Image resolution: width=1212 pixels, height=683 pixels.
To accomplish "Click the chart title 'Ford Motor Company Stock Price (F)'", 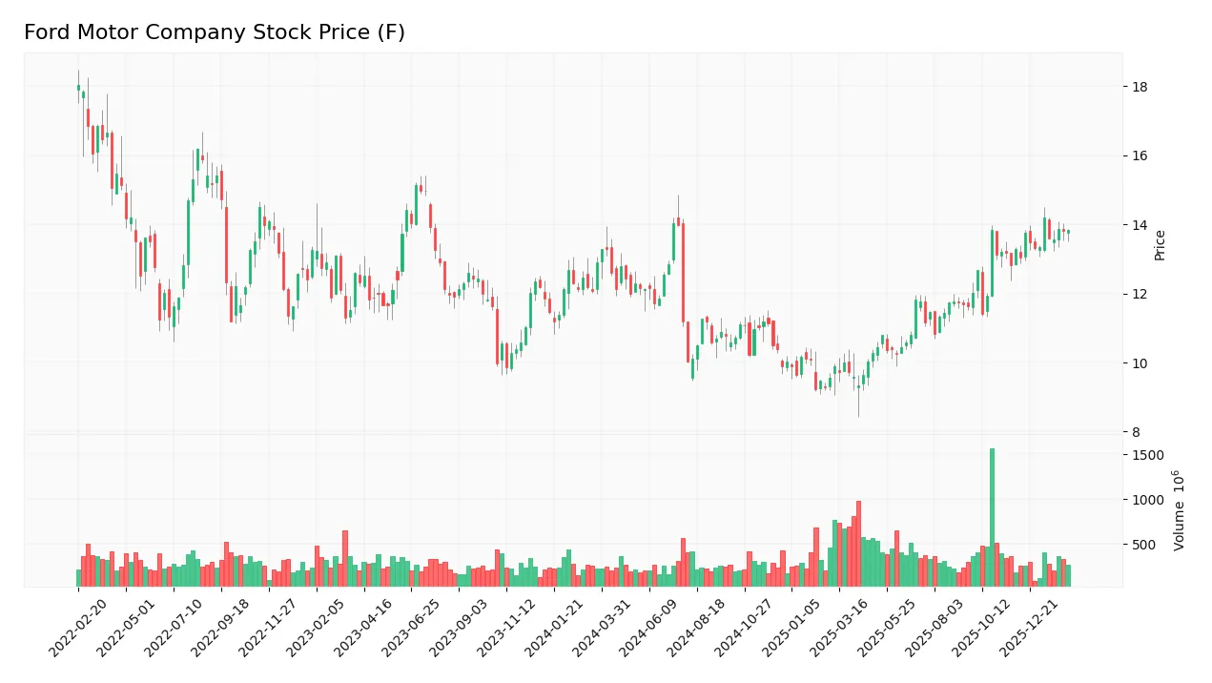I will (215, 32).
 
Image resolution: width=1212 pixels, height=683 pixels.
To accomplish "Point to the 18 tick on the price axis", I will (1140, 87).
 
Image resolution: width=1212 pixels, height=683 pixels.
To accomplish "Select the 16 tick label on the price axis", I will (1140, 156).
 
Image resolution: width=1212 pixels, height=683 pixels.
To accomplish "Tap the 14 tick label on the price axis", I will (1140, 225).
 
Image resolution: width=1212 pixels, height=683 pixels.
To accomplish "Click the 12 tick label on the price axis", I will (1140, 295).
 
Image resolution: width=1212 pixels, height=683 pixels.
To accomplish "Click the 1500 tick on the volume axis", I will (1148, 455).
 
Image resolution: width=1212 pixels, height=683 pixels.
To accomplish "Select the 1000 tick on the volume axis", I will (1148, 500).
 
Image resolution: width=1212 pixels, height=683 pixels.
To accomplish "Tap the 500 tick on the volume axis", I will (1144, 545).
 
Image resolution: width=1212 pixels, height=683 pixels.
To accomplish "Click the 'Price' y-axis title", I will (1161, 245).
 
